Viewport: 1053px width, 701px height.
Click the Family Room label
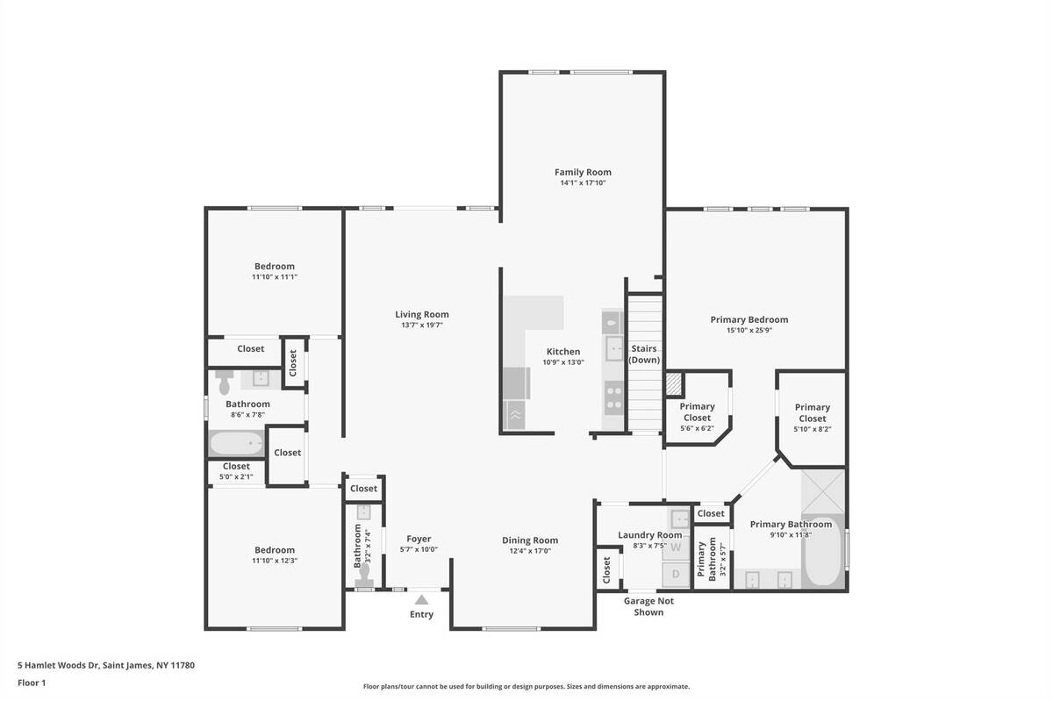click(583, 172)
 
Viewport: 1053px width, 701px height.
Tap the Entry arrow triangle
click(421, 599)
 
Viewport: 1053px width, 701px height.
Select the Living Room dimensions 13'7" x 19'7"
click(422, 325)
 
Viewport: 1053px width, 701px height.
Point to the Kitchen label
click(563, 351)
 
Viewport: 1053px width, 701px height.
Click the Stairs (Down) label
click(644, 354)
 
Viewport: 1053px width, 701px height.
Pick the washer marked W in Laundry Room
click(676, 547)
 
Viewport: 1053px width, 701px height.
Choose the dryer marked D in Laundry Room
click(676, 574)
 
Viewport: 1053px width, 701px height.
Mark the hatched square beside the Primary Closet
click(674, 383)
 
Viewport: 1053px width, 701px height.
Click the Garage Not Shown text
click(648, 606)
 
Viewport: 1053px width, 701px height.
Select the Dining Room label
click(530, 540)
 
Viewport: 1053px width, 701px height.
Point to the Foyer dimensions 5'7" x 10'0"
click(419, 549)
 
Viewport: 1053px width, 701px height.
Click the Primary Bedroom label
click(749, 319)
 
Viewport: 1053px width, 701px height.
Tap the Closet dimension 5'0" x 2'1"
click(236, 476)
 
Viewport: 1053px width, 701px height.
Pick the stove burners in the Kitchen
click(614, 397)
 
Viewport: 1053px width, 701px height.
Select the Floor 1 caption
click(32, 683)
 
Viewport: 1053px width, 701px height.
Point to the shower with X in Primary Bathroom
click(823, 490)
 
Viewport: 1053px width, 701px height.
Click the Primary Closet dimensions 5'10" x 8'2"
click(813, 429)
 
